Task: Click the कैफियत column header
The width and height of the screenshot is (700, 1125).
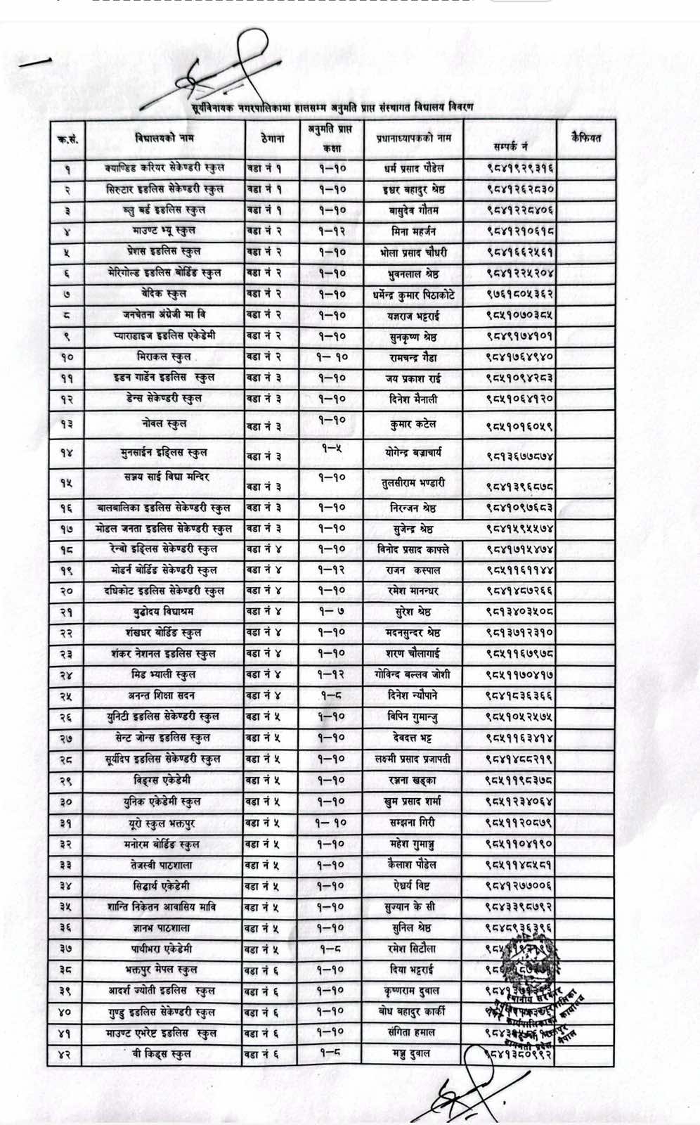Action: coord(585,139)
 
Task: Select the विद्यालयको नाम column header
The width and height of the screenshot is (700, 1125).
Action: coord(164,139)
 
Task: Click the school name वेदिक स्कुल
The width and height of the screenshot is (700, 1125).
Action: coord(164,293)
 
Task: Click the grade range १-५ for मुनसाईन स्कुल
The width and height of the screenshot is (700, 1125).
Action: coord(331,448)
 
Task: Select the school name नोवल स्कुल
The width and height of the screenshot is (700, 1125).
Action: coord(164,423)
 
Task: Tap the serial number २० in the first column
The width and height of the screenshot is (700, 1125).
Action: coord(66,591)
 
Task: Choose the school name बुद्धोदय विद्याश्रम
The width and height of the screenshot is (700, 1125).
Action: coord(164,612)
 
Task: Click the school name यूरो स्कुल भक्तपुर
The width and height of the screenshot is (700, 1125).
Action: coord(164,823)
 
